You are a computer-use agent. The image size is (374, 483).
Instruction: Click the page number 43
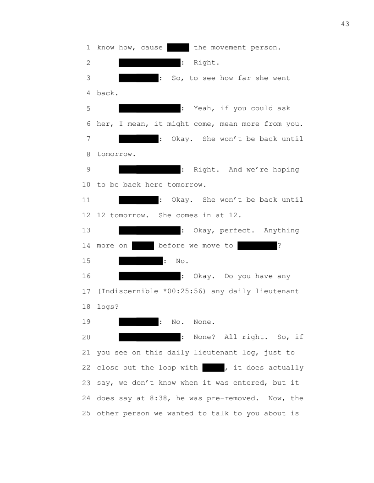click(x=345, y=24)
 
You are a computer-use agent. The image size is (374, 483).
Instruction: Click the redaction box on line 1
click(x=178, y=48)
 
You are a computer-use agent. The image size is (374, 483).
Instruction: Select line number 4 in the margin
click(x=88, y=93)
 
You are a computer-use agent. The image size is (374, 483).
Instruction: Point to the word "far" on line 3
click(x=244, y=78)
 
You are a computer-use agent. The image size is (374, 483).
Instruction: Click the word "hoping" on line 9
click(x=286, y=170)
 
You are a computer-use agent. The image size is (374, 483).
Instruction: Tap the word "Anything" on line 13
click(x=281, y=231)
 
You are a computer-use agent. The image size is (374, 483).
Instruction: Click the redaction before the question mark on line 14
click(x=258, y=246)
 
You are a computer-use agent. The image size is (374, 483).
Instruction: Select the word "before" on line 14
click(x=171, y=246)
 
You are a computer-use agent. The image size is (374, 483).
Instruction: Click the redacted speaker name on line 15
click(x=141, y=261)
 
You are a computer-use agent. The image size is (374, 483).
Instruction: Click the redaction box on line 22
click(x=213, y=368)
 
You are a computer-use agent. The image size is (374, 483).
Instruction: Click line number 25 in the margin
click(x=86, y=413)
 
